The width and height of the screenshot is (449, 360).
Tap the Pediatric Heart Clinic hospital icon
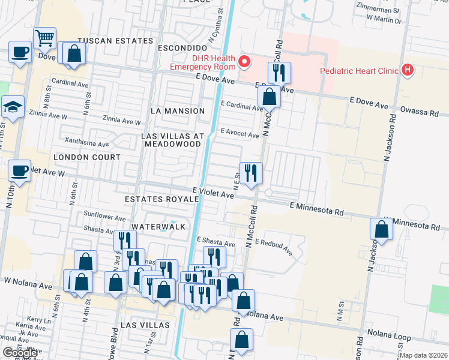(x=408, y=71)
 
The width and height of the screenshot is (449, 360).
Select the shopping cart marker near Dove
(x=45, y=39)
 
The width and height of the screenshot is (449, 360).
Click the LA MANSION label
(x=178, y=111)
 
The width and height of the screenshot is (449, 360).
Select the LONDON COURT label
(x=87, y=157)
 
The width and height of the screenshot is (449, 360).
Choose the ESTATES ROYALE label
(x=161, y=199)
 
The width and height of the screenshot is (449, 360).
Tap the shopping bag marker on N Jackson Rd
(x=382, y=229)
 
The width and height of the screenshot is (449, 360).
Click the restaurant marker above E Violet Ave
(x=251, y=173)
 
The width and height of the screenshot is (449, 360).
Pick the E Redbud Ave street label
(x=273, y=246)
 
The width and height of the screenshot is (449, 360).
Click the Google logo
(x=20, y=353)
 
